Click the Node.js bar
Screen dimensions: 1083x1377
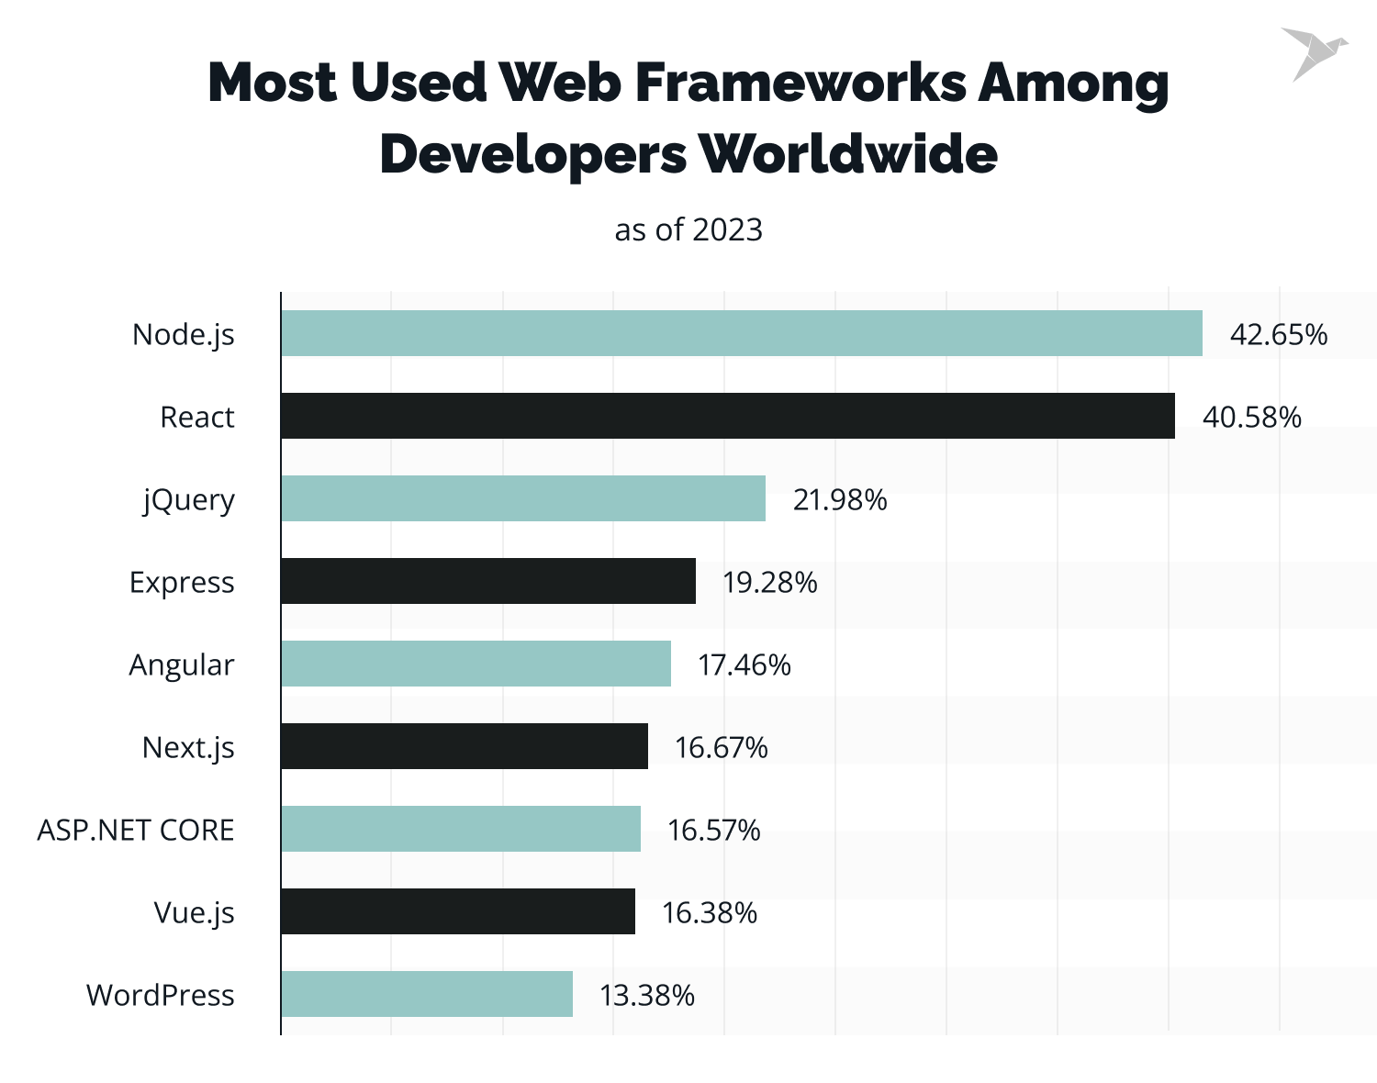(x=742, y=333)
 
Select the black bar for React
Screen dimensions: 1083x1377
(x=728, y=416)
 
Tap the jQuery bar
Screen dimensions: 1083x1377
(x=523, y=498)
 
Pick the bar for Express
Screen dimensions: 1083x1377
(x=488, y=581)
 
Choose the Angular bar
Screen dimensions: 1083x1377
(x=476, y=664)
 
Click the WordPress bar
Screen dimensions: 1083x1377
(x=427, y=994)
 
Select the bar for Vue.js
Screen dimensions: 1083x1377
(x=458, y=911)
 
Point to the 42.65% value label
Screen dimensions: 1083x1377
(x=1278, y=335)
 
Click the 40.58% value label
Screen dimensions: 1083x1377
(x=1251, y=418)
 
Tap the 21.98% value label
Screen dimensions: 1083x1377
(x=840, y=500)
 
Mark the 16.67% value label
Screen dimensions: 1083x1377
(x=721, y=748)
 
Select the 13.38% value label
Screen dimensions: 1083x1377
(x=646, y=996)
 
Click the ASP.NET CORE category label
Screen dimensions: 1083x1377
(x=136, y=831)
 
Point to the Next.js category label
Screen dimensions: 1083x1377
(x=188, y=748)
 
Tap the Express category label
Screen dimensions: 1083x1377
(x=182, y=583)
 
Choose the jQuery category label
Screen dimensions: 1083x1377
(x=189, y=500)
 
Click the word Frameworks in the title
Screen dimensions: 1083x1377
(x=800, y=83)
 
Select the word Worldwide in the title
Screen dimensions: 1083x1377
(x=849, y=153)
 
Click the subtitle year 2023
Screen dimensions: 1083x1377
(x=727, y=229)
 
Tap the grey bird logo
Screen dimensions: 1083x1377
(x=1313, y=53)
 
